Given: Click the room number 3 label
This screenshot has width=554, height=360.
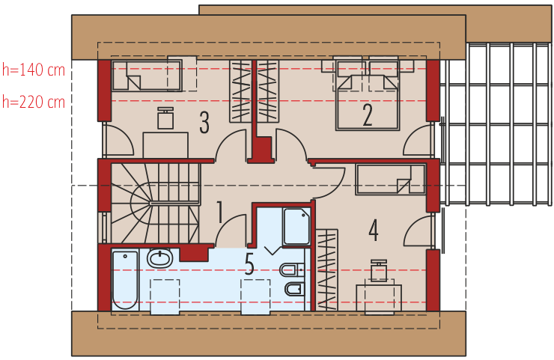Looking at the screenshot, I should pyautogui.click(x=204, y=123).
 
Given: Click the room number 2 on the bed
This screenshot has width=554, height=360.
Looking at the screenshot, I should pyautogui.click(x=368, y=115).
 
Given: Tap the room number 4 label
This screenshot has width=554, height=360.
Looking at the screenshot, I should pyautogui.click(x=373, y=230).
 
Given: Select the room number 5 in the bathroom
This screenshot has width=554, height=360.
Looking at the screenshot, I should pyautogui.click(x=250, y=263).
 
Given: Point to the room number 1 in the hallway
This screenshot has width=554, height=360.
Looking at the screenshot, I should pyautogui.click(x=220, y=213).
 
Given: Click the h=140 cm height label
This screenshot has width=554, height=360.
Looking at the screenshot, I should pyautogui.click(x=34, y=71).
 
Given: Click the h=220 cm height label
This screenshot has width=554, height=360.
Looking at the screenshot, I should pyautogui.click(x=34, y=101).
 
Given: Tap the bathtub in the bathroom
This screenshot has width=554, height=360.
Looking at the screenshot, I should pyautogui.click(x=125, y=280).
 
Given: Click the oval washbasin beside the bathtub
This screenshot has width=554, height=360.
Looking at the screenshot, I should pyautogui.click(x=160, y=259).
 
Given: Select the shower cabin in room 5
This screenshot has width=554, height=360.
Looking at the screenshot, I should pyautogui.click(x=296, y=226).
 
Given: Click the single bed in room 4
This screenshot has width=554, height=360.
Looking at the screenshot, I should pyautogui.click(x=384, y=180).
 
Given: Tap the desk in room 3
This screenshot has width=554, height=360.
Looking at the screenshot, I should pyautogui.click(x=165, y=144).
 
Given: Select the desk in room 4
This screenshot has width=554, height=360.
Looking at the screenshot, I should pyautogui.click(x=379, y=296).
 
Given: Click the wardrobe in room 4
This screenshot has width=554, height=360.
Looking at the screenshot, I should pyautogui.click(x=327, y=269).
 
